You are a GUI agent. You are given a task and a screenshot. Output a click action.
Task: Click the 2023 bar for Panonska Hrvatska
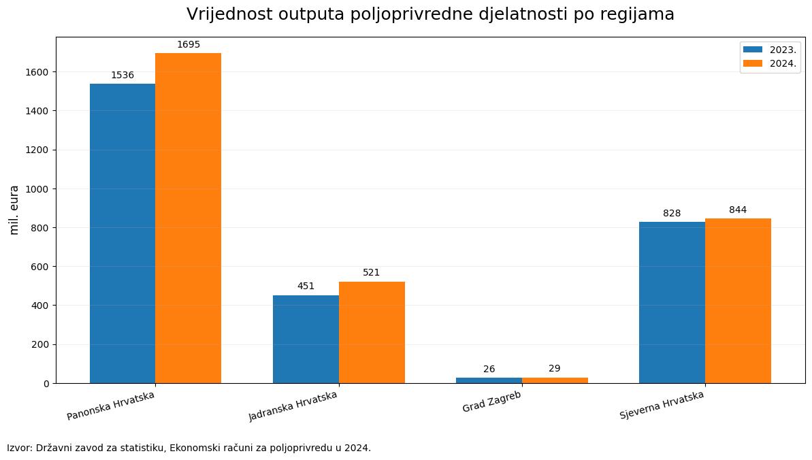click(x=123, y=233)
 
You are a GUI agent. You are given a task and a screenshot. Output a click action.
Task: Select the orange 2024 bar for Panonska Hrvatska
click(x=189, y=218)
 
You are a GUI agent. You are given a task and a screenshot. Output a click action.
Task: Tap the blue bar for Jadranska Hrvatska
click(x=306, y=340)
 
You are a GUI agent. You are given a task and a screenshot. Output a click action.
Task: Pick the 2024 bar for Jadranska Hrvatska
click(x=372, y=333)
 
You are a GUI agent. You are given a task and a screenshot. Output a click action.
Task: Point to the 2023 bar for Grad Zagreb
click(x=489, y=381)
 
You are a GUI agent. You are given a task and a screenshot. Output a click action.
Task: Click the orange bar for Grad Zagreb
click(x=555, y=381)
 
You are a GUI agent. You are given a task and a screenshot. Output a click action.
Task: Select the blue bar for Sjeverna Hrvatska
click(x=672, y=303)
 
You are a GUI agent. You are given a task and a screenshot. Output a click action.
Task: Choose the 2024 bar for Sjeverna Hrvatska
click(x=738, y=301)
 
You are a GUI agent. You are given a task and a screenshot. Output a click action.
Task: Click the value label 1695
click(x=189, y=44)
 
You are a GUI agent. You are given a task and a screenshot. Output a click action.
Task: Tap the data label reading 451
click(x=306, y=286)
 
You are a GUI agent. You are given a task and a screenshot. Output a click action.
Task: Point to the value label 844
click(x=738, y=210)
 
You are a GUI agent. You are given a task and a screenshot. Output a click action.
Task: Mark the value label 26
click(x=489, y=369)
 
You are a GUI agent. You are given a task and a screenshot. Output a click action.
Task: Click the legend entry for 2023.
click(x=770, y=50)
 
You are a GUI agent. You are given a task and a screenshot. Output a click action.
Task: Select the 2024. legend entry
click(x=770, y=63)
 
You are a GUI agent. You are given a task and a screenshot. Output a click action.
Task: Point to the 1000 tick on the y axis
click(x=37, y=189)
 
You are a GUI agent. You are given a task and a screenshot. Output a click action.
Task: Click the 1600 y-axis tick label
click(x=37, y=72)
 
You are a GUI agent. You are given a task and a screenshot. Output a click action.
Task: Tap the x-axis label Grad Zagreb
click(x=491, y=401)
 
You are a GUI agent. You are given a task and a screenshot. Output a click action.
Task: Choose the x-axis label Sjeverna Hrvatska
click(x=662, y=405)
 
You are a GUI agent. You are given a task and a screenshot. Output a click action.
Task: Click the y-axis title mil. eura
click(x=14, y=210)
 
